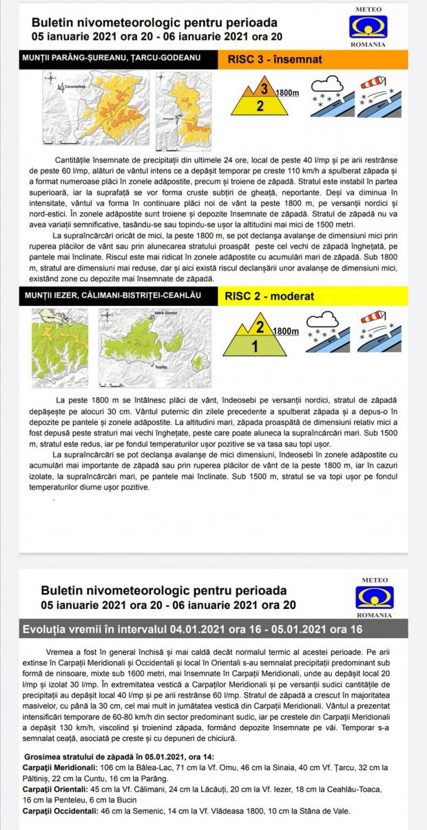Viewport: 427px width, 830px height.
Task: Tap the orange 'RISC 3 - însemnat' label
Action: coord(274,59)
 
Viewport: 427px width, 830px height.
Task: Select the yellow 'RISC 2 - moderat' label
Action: coord(269,296)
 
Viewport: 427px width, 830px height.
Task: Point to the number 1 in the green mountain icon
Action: coord(254,346)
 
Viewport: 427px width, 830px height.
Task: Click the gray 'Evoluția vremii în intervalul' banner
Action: coord(213,628)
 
